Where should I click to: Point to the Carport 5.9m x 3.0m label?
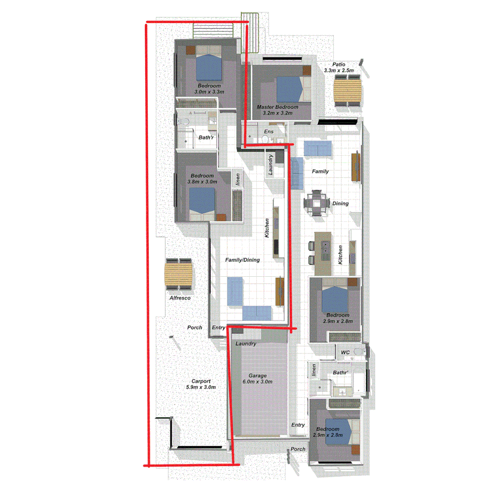point(201,384)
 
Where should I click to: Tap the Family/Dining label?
point(243,260)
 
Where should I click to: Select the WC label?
point(345,353)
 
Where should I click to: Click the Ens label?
point(269,132)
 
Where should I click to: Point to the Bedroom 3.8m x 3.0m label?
point(203,179)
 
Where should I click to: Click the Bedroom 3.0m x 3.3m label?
point(209,88)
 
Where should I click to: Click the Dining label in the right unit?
point(340,204)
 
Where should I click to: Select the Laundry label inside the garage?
point(246,344)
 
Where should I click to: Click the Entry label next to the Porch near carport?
point(218,328)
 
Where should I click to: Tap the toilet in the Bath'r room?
point(183,122)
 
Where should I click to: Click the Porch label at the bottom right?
point(298,449)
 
